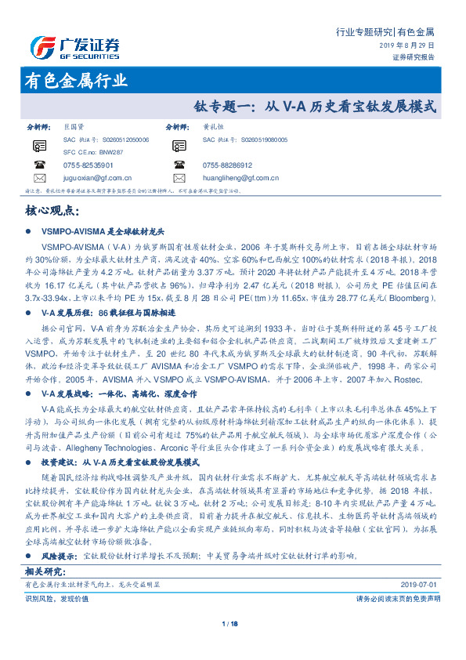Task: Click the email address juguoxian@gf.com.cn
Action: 99,178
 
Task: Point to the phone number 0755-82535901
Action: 88,165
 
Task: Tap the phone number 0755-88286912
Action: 227,165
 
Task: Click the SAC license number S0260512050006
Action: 105,139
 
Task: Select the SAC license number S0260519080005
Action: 244,139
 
